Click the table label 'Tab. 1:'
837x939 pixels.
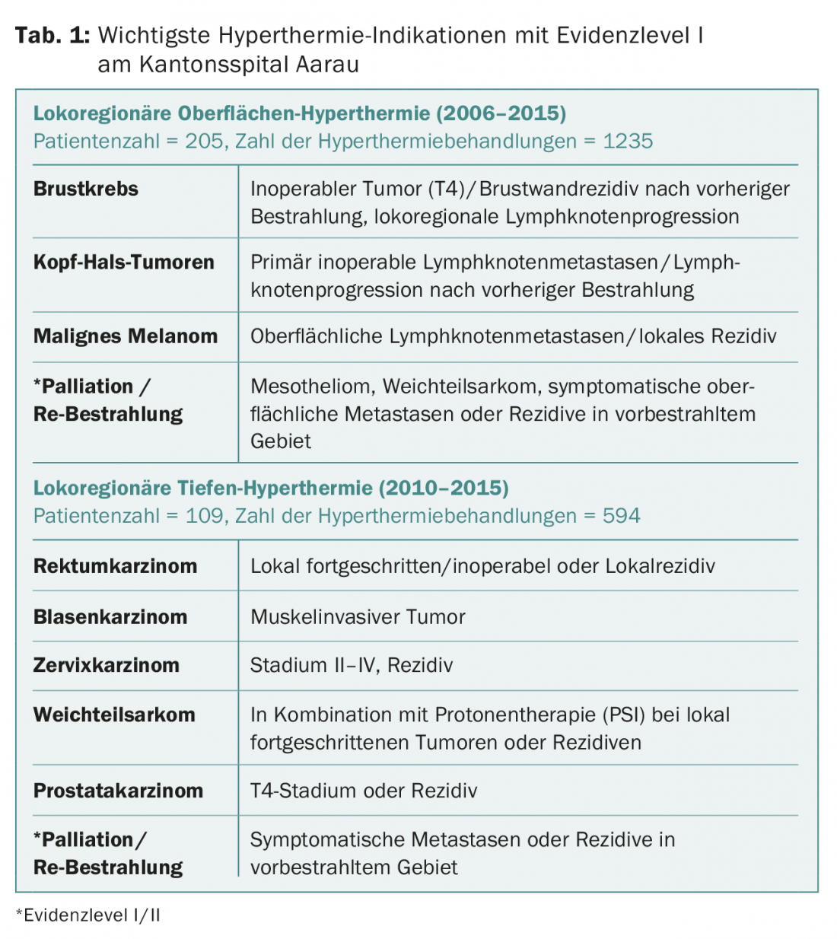(x=53, y=36)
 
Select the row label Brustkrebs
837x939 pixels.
(x=86, y=189)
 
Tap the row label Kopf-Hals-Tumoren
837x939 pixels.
(x=124, y=263)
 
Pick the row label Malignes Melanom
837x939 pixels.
(x=126, y=336)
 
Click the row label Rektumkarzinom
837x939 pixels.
(x=116, y=566)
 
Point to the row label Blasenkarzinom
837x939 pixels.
(x=110, y=617)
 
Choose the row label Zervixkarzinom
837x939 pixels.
(x=107, y=665)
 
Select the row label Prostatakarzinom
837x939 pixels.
(x=119, y=791)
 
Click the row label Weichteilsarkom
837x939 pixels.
(x=115, y=715)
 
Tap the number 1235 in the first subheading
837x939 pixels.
(x=628, y=142)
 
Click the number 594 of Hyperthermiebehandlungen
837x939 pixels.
(x=621, y=516)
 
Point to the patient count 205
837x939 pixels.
(x=205, y=142)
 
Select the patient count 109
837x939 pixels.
(x=205, y=516)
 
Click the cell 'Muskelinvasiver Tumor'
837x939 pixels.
(x=358, y=617)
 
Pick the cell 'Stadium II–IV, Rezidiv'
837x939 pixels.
(x=352, y=665)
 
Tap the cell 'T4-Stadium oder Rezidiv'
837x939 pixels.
(x=364, y=791)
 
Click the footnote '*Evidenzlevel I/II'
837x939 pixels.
(x=88, y=915)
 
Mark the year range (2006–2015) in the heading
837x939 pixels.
(x=501, y=114)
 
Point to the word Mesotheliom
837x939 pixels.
(x=311, y=387)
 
